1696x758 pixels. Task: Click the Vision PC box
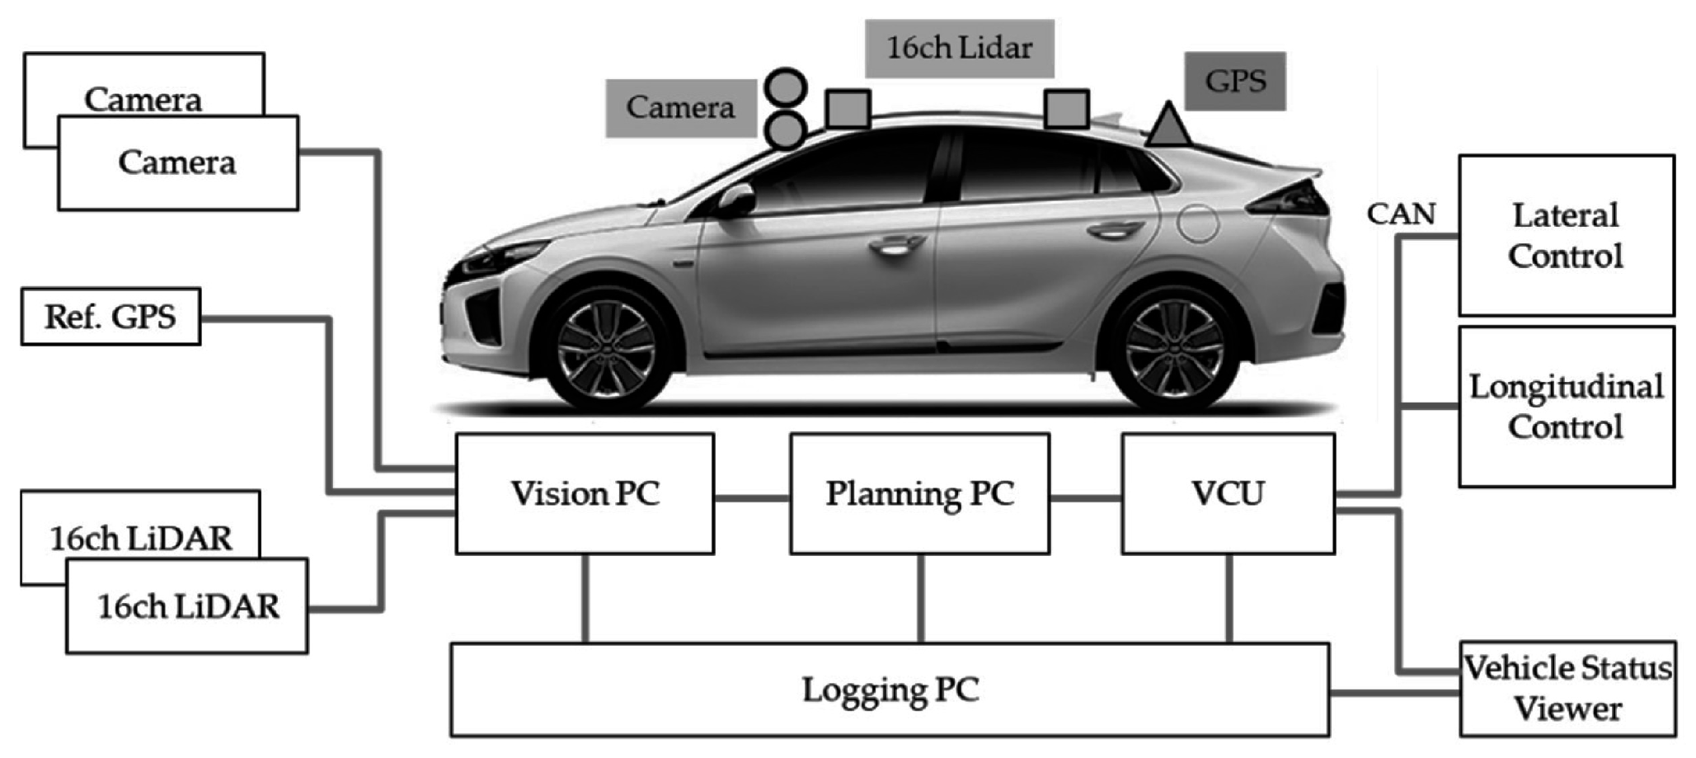[x=585, y=493]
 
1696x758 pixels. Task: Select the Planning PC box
[x=919, y=493]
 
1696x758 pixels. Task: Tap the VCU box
[x=1228, y=493]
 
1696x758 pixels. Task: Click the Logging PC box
[x=890, y=690]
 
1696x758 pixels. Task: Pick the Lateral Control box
[x=1566, y=235]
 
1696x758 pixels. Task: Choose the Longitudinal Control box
[x=1566, y=407]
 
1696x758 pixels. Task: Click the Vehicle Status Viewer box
[x=1567, y=689]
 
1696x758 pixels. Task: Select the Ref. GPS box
[x=110, y=317]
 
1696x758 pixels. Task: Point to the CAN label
[x=1401, y=214]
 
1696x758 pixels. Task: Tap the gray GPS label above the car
[x=1235, y=81]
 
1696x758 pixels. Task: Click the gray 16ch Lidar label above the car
[x=959, y=48]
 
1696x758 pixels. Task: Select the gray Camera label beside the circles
[x=680, y=107]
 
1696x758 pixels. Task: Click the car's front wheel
[x=607, y=350]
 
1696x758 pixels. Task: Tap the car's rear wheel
[x=1173, y=350]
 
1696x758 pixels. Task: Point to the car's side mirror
[x=735, y=200]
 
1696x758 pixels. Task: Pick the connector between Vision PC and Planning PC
[x=752, y=497]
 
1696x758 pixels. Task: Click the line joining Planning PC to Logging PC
[x=920, y=598]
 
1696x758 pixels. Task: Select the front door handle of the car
[x=897, y=244]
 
